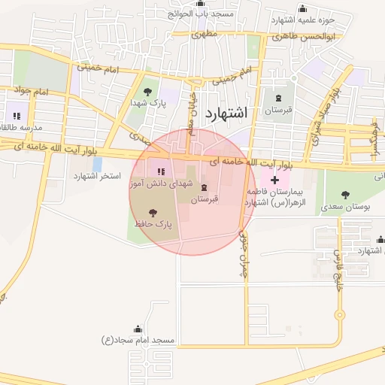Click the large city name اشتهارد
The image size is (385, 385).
click(x=225, y=113)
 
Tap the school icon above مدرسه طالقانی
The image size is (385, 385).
click(x=16, y=116)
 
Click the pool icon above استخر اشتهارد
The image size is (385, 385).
click(x=97, y=164)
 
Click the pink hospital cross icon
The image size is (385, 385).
click(x=274, y=180)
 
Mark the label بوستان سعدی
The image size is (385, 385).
click(x=342, y=205)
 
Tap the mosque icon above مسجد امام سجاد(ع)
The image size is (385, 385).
click(x=138, y=329)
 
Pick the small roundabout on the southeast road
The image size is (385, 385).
click(x=340, y=315)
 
